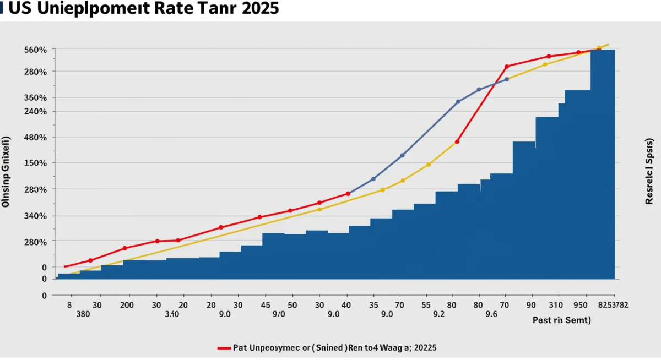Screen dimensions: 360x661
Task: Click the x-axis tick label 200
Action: click(127, 304)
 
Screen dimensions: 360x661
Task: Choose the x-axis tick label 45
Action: click(265, 304)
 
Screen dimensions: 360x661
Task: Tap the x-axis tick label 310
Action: click(556, 304)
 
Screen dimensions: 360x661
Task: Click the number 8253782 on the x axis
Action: click(612, 304)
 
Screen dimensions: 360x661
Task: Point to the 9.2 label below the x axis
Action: click(438, 315)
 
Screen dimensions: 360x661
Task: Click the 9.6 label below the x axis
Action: click(491, 315)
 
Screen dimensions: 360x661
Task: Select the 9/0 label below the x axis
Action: click(279, 315)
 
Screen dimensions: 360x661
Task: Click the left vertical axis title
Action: click(7, 171)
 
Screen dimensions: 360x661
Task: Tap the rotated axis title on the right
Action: click(649, 171)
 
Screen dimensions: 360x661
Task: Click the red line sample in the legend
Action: click(224, 348)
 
